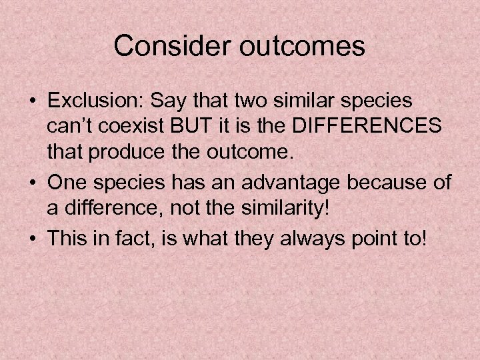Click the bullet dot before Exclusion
(x=33, y=102)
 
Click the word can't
(x=72, y=127)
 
